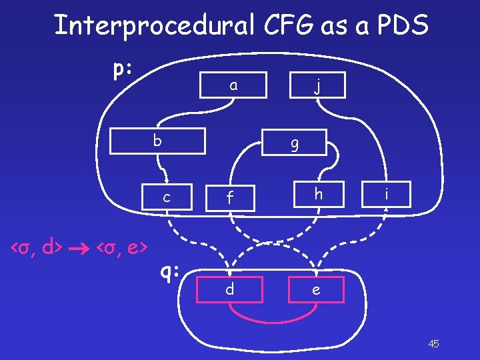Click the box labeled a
pyautogui.click(x=233, y=85)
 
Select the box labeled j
pyautogui.click(x=318, y=85)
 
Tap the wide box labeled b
pyautogui.click(x=157, y=141)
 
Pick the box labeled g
pyautogui.click(x=294, y=142)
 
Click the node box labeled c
pyautogui.click(x=166, y=196)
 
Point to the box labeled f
pyautogui.click(x=229, y=197)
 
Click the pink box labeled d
pyautogui.click(x=229, y=290)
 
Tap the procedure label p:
pyautogui.click(x=122, y=69)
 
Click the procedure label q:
pyautogui.click(x=171, y=271)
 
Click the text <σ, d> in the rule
pyautogui.click(x=37, y=249)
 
